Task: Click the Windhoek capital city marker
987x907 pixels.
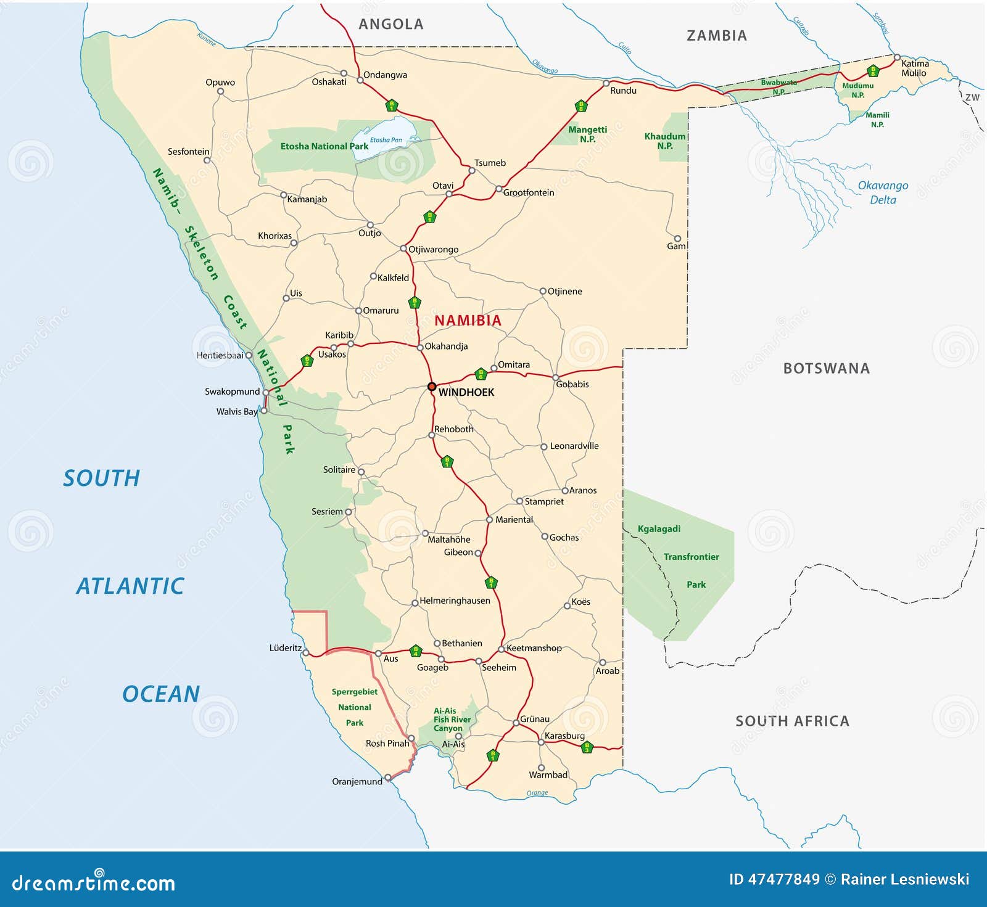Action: click(432, 387)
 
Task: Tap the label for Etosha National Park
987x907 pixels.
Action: click(324, 146)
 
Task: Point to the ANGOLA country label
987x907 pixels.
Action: click(391, 25)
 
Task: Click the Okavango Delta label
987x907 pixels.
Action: click(883, 192)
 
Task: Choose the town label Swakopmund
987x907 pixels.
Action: click(232, 392)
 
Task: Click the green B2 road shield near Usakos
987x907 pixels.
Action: click(307, 361)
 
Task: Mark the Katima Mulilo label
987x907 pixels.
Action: click(914, 68)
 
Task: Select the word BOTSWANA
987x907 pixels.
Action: click(826, 369)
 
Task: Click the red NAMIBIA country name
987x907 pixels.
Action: click(468, 321)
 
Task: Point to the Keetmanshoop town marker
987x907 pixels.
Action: click(502, 649)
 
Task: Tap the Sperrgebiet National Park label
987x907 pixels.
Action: click(355, 707)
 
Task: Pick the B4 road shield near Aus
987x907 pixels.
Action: click(416, 650)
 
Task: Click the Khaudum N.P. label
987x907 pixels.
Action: click(664, 141)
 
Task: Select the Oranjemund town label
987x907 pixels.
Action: click(357, 781)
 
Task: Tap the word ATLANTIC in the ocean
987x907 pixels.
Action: click(130, 586)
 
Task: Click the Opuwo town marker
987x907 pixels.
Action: click(220, 92)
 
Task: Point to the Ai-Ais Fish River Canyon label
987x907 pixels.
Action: click(452, 720)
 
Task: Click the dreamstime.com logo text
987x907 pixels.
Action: click(94, 882)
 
